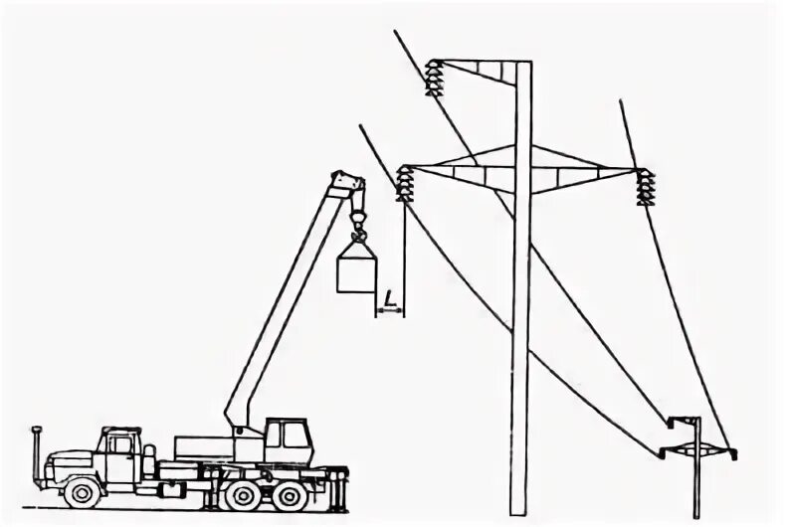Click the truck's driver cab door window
pyautogui.click(x=120, y=444)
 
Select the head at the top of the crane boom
pyautogui.click(x=348, y=184)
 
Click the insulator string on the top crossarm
pyautogui.click(x=433, y=79)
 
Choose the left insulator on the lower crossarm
pyautogui.click(x=404, y=183)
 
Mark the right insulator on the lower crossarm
pyautogui.click(x=647, y=187)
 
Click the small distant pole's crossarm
pyautogui.click(x=695, y=451)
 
